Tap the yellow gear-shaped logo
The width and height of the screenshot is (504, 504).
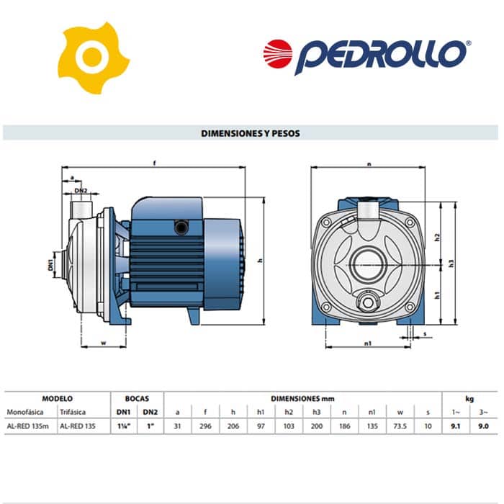point(93,58)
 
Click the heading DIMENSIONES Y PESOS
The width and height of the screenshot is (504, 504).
point(251,133)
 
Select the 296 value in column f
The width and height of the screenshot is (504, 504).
point(205,426)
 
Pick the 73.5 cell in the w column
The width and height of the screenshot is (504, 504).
point(400,426)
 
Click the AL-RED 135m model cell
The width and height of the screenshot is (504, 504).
point(28,426)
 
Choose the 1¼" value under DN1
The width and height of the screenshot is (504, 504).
point(124,426)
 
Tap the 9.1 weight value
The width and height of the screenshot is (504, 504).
point(456,426)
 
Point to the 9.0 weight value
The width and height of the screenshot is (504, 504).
point(483,426)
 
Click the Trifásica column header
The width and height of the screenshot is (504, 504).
point(73,412)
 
